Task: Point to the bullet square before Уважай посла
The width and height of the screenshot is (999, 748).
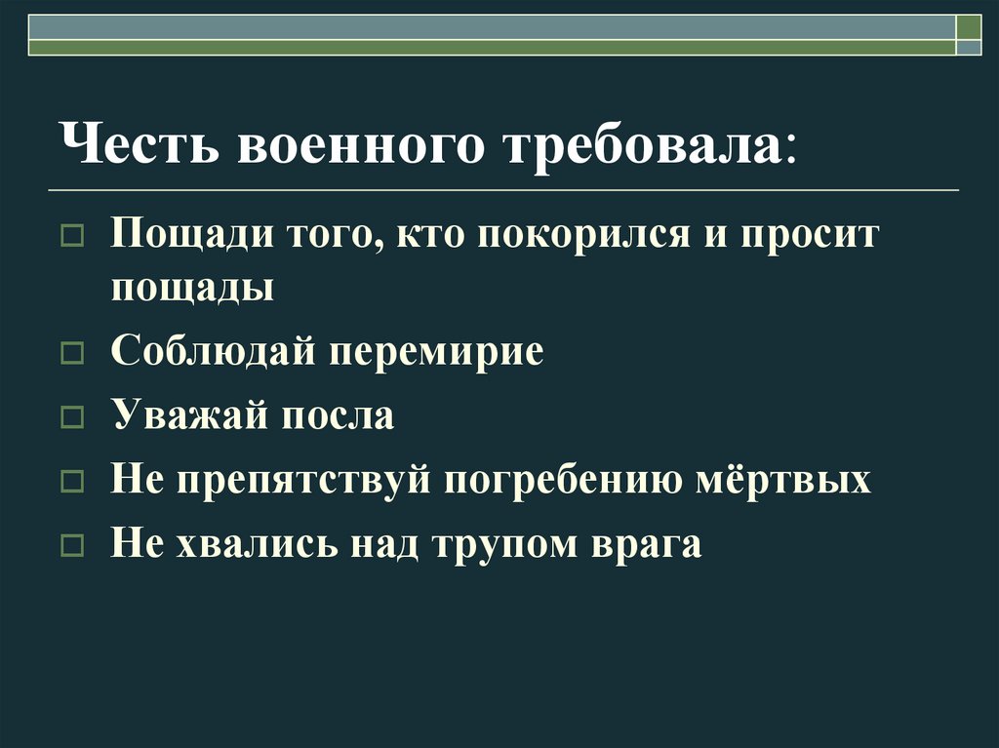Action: pos(73,418)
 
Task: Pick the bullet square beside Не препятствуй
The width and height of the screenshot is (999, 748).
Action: pos(73,483)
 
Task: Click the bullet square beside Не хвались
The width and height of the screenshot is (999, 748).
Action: pos(73,546)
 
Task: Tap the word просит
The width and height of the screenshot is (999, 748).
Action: pos(809,237)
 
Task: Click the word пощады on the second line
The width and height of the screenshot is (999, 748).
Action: pos(192,288)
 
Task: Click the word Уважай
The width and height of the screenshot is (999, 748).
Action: pos(190,415)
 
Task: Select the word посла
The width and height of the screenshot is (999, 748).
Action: pos(338,415)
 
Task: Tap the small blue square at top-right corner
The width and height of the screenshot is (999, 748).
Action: pos(968,46)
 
